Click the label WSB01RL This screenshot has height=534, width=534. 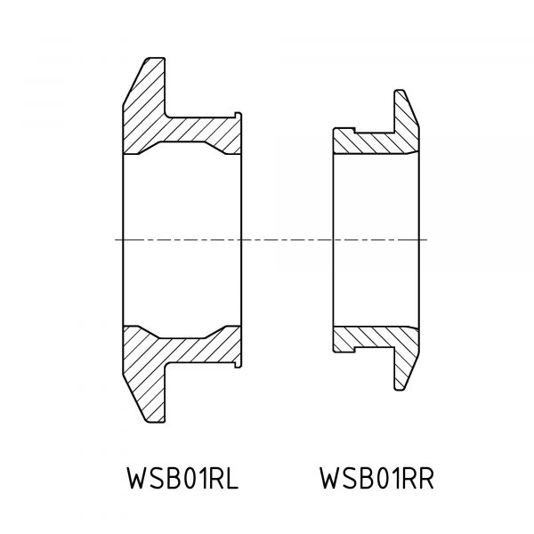(x=182, y=478)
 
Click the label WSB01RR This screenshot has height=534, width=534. (x=376, y=478)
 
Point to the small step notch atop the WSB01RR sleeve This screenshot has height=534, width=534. (x=344, y=130)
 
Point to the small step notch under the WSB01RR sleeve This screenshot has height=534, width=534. (x=344, y=350)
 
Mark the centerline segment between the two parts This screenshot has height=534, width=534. (x=287, y=239)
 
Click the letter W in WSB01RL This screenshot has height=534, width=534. (x=137, y=478)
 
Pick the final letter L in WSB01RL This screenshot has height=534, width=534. (x=232, y=478)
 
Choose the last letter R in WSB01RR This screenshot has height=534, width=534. (x=425, y=478)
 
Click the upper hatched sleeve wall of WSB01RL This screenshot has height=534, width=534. (x=201, y=134)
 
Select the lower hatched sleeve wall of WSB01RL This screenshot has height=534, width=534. (x=201, y=344)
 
